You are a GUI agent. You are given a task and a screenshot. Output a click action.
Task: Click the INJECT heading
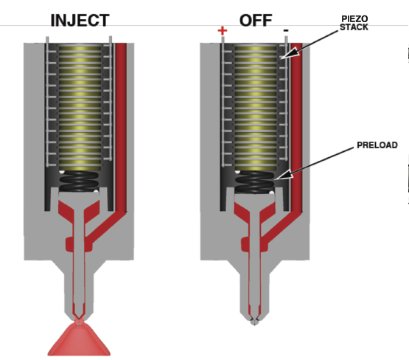(80, 21)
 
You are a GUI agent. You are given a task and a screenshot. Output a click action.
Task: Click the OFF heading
(256, 21)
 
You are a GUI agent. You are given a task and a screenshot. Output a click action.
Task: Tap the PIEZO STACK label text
(354, 23)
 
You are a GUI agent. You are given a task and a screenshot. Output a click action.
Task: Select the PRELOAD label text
(377, 145)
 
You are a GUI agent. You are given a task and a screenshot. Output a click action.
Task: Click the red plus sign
(223, 31)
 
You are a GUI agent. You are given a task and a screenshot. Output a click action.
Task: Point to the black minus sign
(286, 30)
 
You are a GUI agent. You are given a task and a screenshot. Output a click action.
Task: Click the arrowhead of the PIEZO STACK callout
(289, 53)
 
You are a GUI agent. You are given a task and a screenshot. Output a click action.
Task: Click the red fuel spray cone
(79, 339)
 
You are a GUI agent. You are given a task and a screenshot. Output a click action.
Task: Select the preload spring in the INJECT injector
(79, 181)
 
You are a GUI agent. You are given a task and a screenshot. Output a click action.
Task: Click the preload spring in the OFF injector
(255, 182)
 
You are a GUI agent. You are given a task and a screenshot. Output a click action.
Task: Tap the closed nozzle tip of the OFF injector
(254, 321)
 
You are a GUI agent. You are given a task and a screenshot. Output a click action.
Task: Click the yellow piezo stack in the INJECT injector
(80, 107)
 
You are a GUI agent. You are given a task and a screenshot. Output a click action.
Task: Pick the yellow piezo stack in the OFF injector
(256, 107)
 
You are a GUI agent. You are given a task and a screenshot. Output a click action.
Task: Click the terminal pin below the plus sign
(223, 101)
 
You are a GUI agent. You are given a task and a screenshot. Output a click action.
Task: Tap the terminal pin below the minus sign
(286, 98)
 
